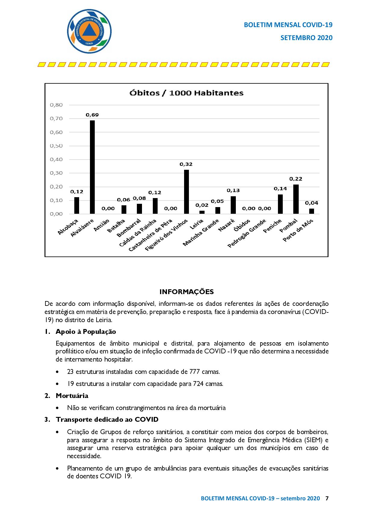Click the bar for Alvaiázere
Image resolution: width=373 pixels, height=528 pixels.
pyautogui.click(x=92, y=167)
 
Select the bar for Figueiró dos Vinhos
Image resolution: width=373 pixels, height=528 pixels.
pyautogui.click(x=186, y=192)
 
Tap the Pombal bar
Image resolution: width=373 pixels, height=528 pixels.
pyautogui.click(x=296, y=199)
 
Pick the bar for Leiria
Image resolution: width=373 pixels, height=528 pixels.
pyautogui.click(x=202, y=212)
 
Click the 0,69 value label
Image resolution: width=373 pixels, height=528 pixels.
pyautogui.click(x=92, y=115)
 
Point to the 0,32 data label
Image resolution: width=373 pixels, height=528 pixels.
pyautogui.click(x=186, y=164)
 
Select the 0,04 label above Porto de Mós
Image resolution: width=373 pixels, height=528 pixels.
pyautogui.click(x=311, y=203)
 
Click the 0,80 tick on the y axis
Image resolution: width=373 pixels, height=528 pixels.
pyautogui.click(x=56, y=105)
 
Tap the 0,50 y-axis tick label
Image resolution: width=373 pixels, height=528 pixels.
pyautogui.click(x=56, y=146)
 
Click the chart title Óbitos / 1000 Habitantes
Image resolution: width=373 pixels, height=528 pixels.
pyautogui.click(x=186, y=93)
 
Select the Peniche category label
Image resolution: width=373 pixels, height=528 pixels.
pyautogui.click(x=273, y=226)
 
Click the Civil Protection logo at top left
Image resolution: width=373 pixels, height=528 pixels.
pyautogui.click(x=89, y=31)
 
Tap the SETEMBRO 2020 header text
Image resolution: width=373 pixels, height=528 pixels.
pyautogui.click(x=306, y=38)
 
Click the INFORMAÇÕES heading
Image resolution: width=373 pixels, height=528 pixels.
pyautogui.click(x=186, y=292)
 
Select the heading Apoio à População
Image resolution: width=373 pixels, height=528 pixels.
pyautogui.click(x=86, y=332)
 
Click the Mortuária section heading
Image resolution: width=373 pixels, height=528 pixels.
pyautogui.click(x=72, y=396)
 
